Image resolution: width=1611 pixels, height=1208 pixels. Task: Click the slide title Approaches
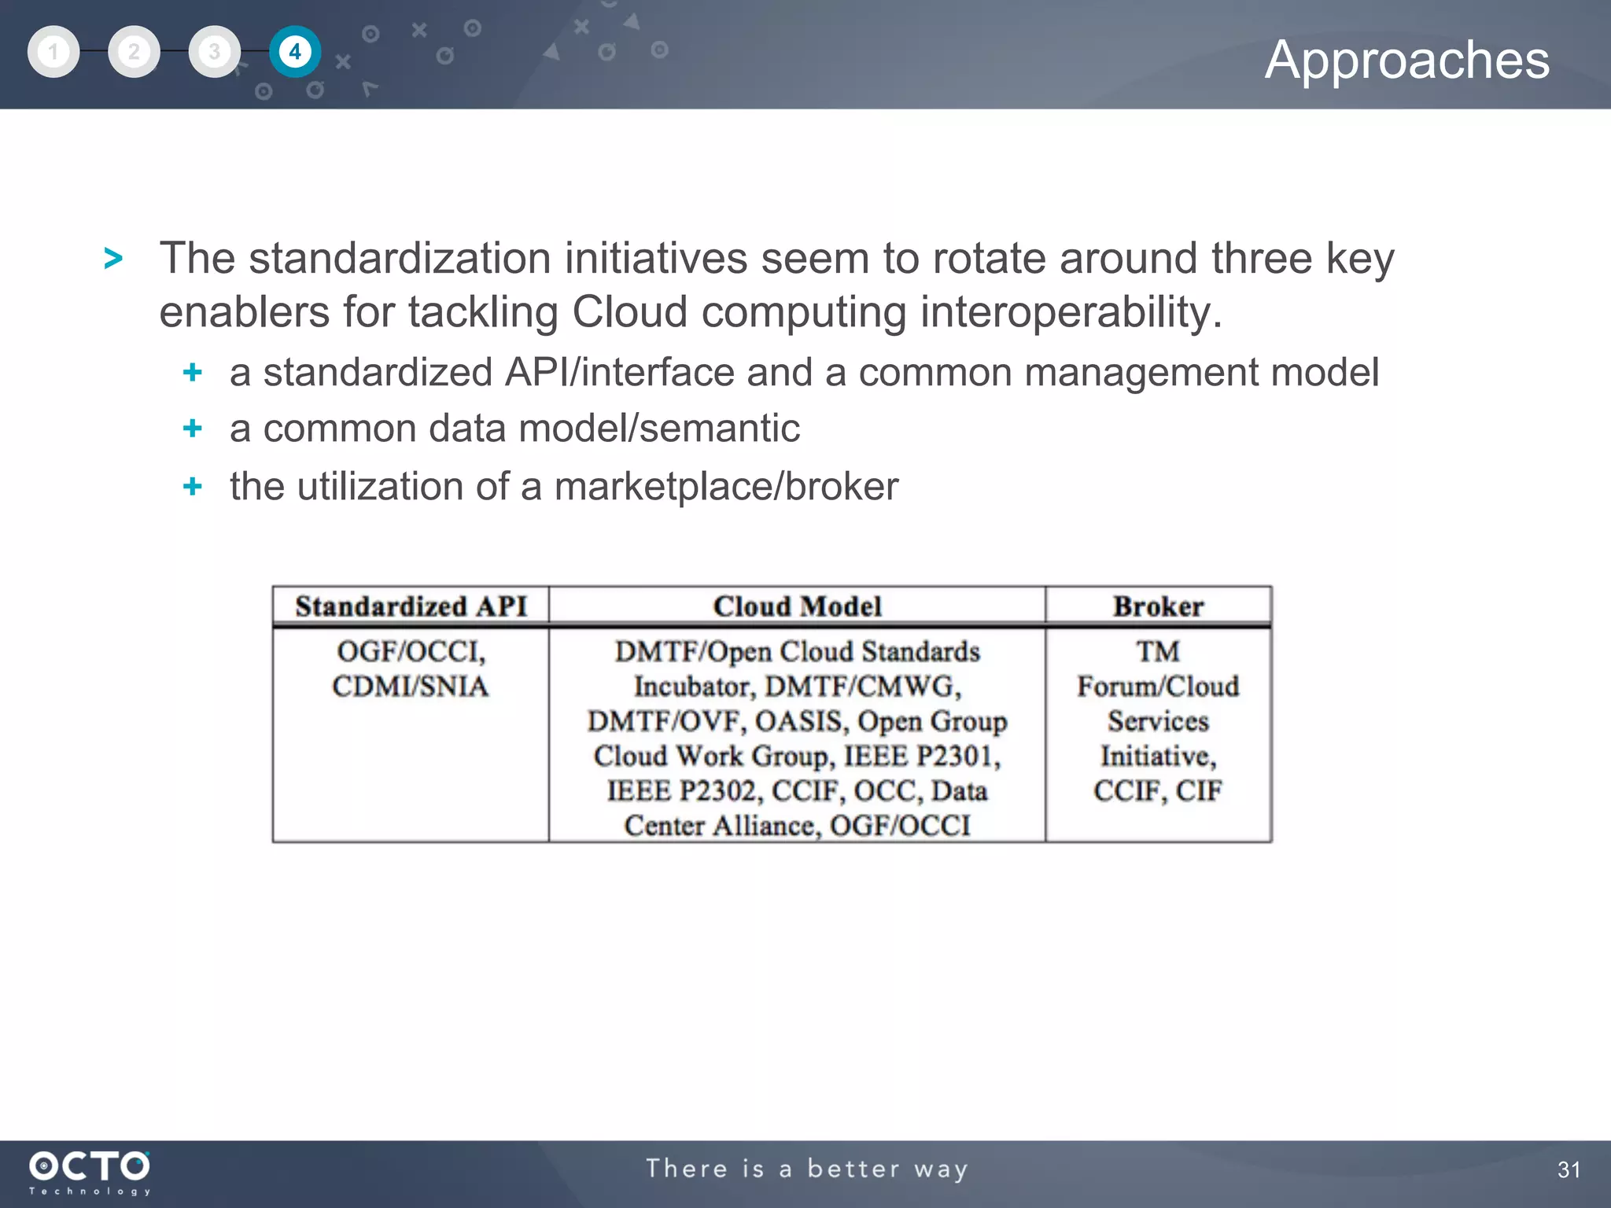(x=1406, y=60)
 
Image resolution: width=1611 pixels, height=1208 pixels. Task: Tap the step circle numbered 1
(x=53, y=52)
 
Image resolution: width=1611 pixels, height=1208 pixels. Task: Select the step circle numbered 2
(x=134, y=52)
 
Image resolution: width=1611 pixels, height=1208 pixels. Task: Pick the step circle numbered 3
(x=214, y=52)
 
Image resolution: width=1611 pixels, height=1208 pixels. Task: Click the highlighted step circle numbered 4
(x=295, y=52)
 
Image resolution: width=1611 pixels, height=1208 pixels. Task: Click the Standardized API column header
(x=411, y=606)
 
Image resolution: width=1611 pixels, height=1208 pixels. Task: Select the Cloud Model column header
(x=797, y=606)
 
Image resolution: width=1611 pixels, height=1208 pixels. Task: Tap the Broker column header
(x=1158, y=606)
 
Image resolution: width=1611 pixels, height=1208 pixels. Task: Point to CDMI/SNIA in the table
(x=410, y=687)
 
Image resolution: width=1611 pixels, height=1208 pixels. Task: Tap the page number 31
(x=1569, y=1169)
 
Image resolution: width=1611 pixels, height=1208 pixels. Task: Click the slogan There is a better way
(x=807, y=1169)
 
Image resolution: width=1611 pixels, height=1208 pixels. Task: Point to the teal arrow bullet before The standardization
(x=113, y=259)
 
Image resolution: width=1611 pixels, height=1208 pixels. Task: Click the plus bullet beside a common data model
(x=192, y=429)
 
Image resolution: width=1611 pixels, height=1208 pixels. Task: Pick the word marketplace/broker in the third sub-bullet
(x=726, y=486)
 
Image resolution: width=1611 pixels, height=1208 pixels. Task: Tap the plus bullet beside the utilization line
(x=192, y=486)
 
